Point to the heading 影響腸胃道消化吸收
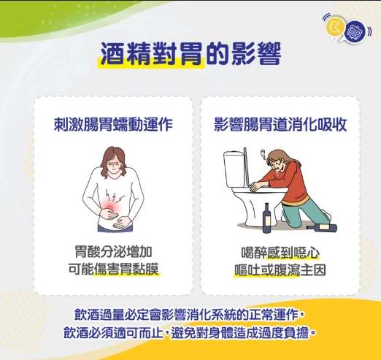(x=280, y=124)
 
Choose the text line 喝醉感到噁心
(x=280, y=253)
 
